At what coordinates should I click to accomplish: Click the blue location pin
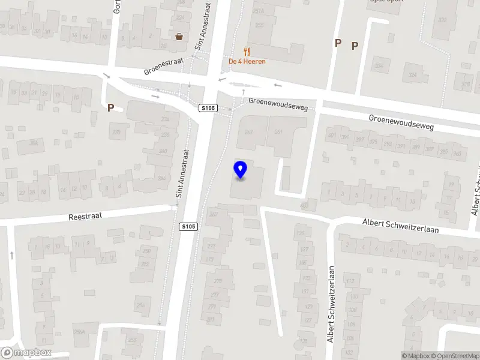pos(240,170)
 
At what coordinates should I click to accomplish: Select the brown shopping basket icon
pos(179,37)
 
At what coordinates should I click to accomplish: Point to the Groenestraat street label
pos(163,66)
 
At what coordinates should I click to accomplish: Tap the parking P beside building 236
pos(110,107)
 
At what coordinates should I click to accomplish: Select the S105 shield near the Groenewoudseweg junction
pos(208,107)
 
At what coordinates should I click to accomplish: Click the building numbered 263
pos(248,132)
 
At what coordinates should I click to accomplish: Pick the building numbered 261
pos(278,132)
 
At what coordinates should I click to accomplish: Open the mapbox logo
pos(26,353)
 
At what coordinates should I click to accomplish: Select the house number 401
pos(331,135)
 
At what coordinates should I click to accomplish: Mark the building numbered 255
pos(260,25)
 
